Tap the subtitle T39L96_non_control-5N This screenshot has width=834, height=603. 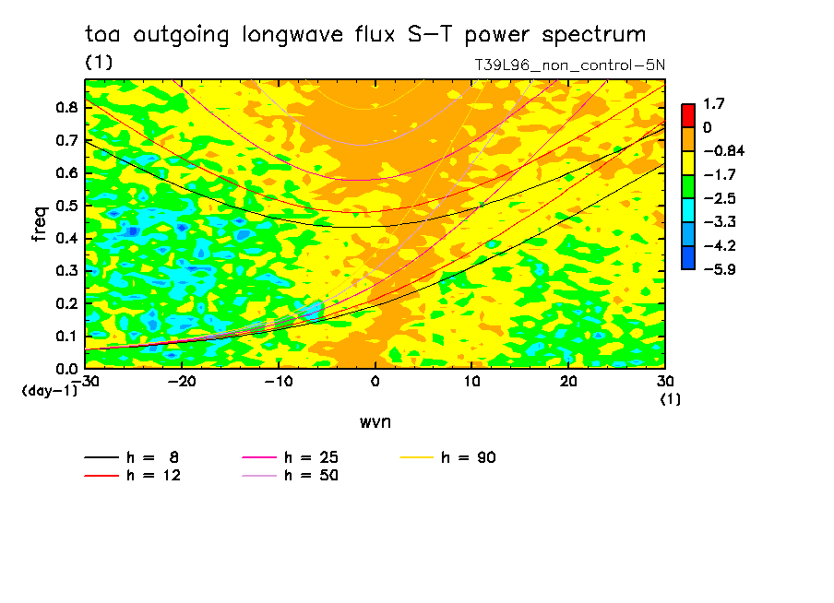(x=569, y=65)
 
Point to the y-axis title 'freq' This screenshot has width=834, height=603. (x=40, y=224)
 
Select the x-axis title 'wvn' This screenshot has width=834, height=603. (x=375, y=422)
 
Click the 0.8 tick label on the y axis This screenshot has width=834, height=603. (x=66, y=107)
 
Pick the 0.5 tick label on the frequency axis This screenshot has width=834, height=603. (x=66, y=206)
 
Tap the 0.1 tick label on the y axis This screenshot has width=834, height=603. (x=66, y=337)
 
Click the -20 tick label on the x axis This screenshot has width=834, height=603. (x=182, y=382)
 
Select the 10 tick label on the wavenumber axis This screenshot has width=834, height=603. (x=471, y=382)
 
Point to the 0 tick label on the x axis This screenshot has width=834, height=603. (x=375, y=382)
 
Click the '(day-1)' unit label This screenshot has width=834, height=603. (x=50, y=391)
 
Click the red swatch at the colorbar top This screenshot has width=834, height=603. (x=688, y=115)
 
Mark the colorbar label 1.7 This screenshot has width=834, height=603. (x=714, y=103)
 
